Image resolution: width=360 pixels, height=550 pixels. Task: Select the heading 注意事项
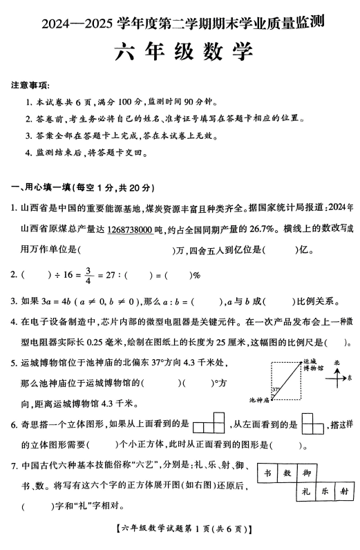(x=30, y=86)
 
